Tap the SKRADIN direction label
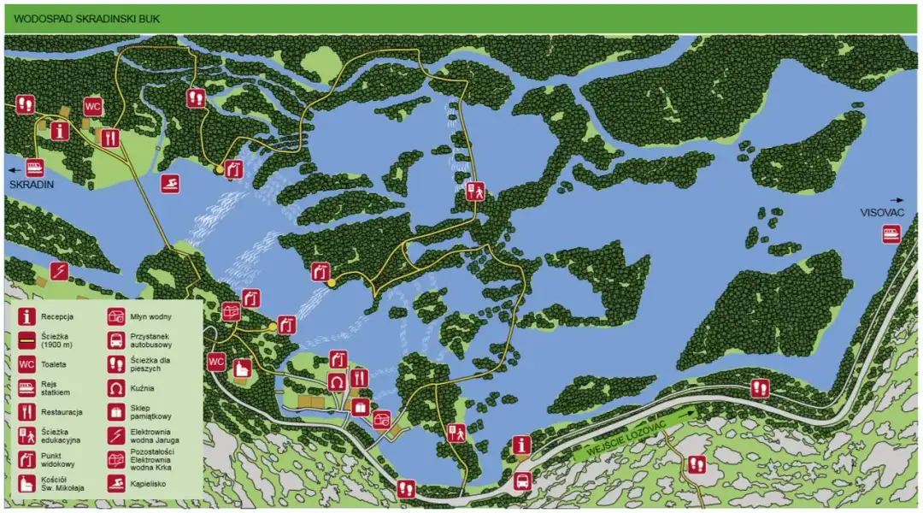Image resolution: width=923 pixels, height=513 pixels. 32,184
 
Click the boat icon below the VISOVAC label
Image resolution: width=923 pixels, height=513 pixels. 891,233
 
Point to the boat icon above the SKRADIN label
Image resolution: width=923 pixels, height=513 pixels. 35,167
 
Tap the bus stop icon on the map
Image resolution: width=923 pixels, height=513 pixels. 522,481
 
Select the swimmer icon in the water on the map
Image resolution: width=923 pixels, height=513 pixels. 170,184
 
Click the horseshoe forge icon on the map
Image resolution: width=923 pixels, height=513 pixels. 337,381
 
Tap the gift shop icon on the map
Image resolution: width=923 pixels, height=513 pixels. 360,407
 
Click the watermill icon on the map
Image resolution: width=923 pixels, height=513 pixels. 381,419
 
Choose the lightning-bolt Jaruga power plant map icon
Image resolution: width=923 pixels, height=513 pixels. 58,271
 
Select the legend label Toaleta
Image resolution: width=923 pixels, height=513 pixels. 53,363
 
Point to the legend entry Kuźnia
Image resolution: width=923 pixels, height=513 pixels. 141,387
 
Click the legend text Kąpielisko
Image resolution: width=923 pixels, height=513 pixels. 148,483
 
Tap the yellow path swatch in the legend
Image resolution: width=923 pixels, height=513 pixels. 26,339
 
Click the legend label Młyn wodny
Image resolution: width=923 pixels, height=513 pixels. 148,316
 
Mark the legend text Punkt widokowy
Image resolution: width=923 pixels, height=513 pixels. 56,458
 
